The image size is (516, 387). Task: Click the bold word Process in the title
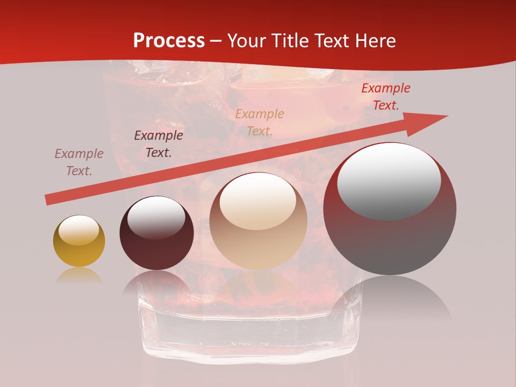(169, 40)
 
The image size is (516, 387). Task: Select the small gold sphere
(79, 241)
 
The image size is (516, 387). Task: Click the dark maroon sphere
(156, 233)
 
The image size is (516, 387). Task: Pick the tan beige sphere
(258, 221)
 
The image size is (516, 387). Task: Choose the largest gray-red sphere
(390, 209)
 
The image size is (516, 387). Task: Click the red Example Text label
(385, 97)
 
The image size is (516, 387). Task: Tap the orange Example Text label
(260, 122)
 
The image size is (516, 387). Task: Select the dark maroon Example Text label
(159, 144)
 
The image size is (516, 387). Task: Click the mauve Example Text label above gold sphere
(79, 162)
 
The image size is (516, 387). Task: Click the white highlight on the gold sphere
(78, 230)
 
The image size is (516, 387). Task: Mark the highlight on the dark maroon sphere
(156, 216)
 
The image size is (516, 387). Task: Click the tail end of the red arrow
(48, 200)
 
